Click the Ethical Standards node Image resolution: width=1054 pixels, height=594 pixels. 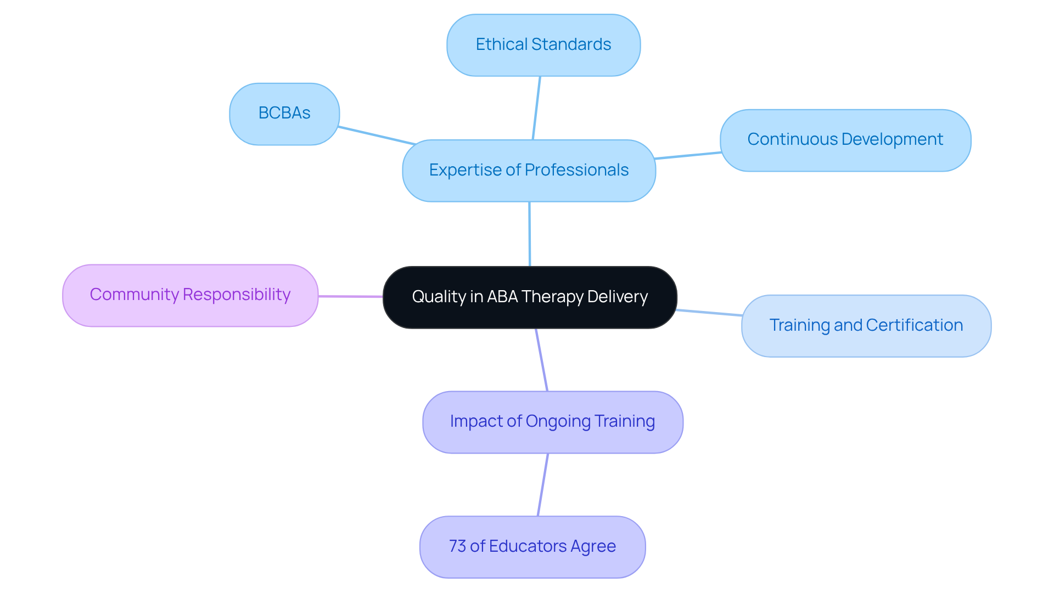[x=543, y=45]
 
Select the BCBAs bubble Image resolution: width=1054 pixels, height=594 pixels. [x=284, y=114]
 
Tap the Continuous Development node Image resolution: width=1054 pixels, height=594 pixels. [x=845, y=140]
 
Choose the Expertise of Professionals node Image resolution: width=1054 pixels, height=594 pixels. [x=529, y=171]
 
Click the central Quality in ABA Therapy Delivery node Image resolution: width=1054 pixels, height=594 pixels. [x=530, y=297]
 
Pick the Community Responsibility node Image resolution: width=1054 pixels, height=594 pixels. [x=190, y=295]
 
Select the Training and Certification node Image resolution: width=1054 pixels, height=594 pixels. [x=866, y=326]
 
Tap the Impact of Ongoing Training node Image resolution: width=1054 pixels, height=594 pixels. [x=552, y=422]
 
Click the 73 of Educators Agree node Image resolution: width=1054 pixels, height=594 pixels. [x=532, y=547]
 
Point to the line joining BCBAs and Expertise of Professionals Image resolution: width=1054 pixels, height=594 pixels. [x=377, y=135]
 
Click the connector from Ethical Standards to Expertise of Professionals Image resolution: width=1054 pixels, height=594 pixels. [x=536, y=108]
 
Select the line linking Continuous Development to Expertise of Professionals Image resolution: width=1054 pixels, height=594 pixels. [x=688, y=156]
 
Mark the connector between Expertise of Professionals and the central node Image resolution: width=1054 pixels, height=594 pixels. [x=529, y=234]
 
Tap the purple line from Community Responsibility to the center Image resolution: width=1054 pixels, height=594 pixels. [x=350, y=296]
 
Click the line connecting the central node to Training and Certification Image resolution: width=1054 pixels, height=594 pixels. [x=709, y=313]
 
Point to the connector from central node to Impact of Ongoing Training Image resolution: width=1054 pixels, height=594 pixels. [x=541, y=360]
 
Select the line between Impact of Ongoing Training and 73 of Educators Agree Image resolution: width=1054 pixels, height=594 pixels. [x=542, y=485]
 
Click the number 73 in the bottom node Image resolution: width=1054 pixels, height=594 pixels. [x=457, y=546]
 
